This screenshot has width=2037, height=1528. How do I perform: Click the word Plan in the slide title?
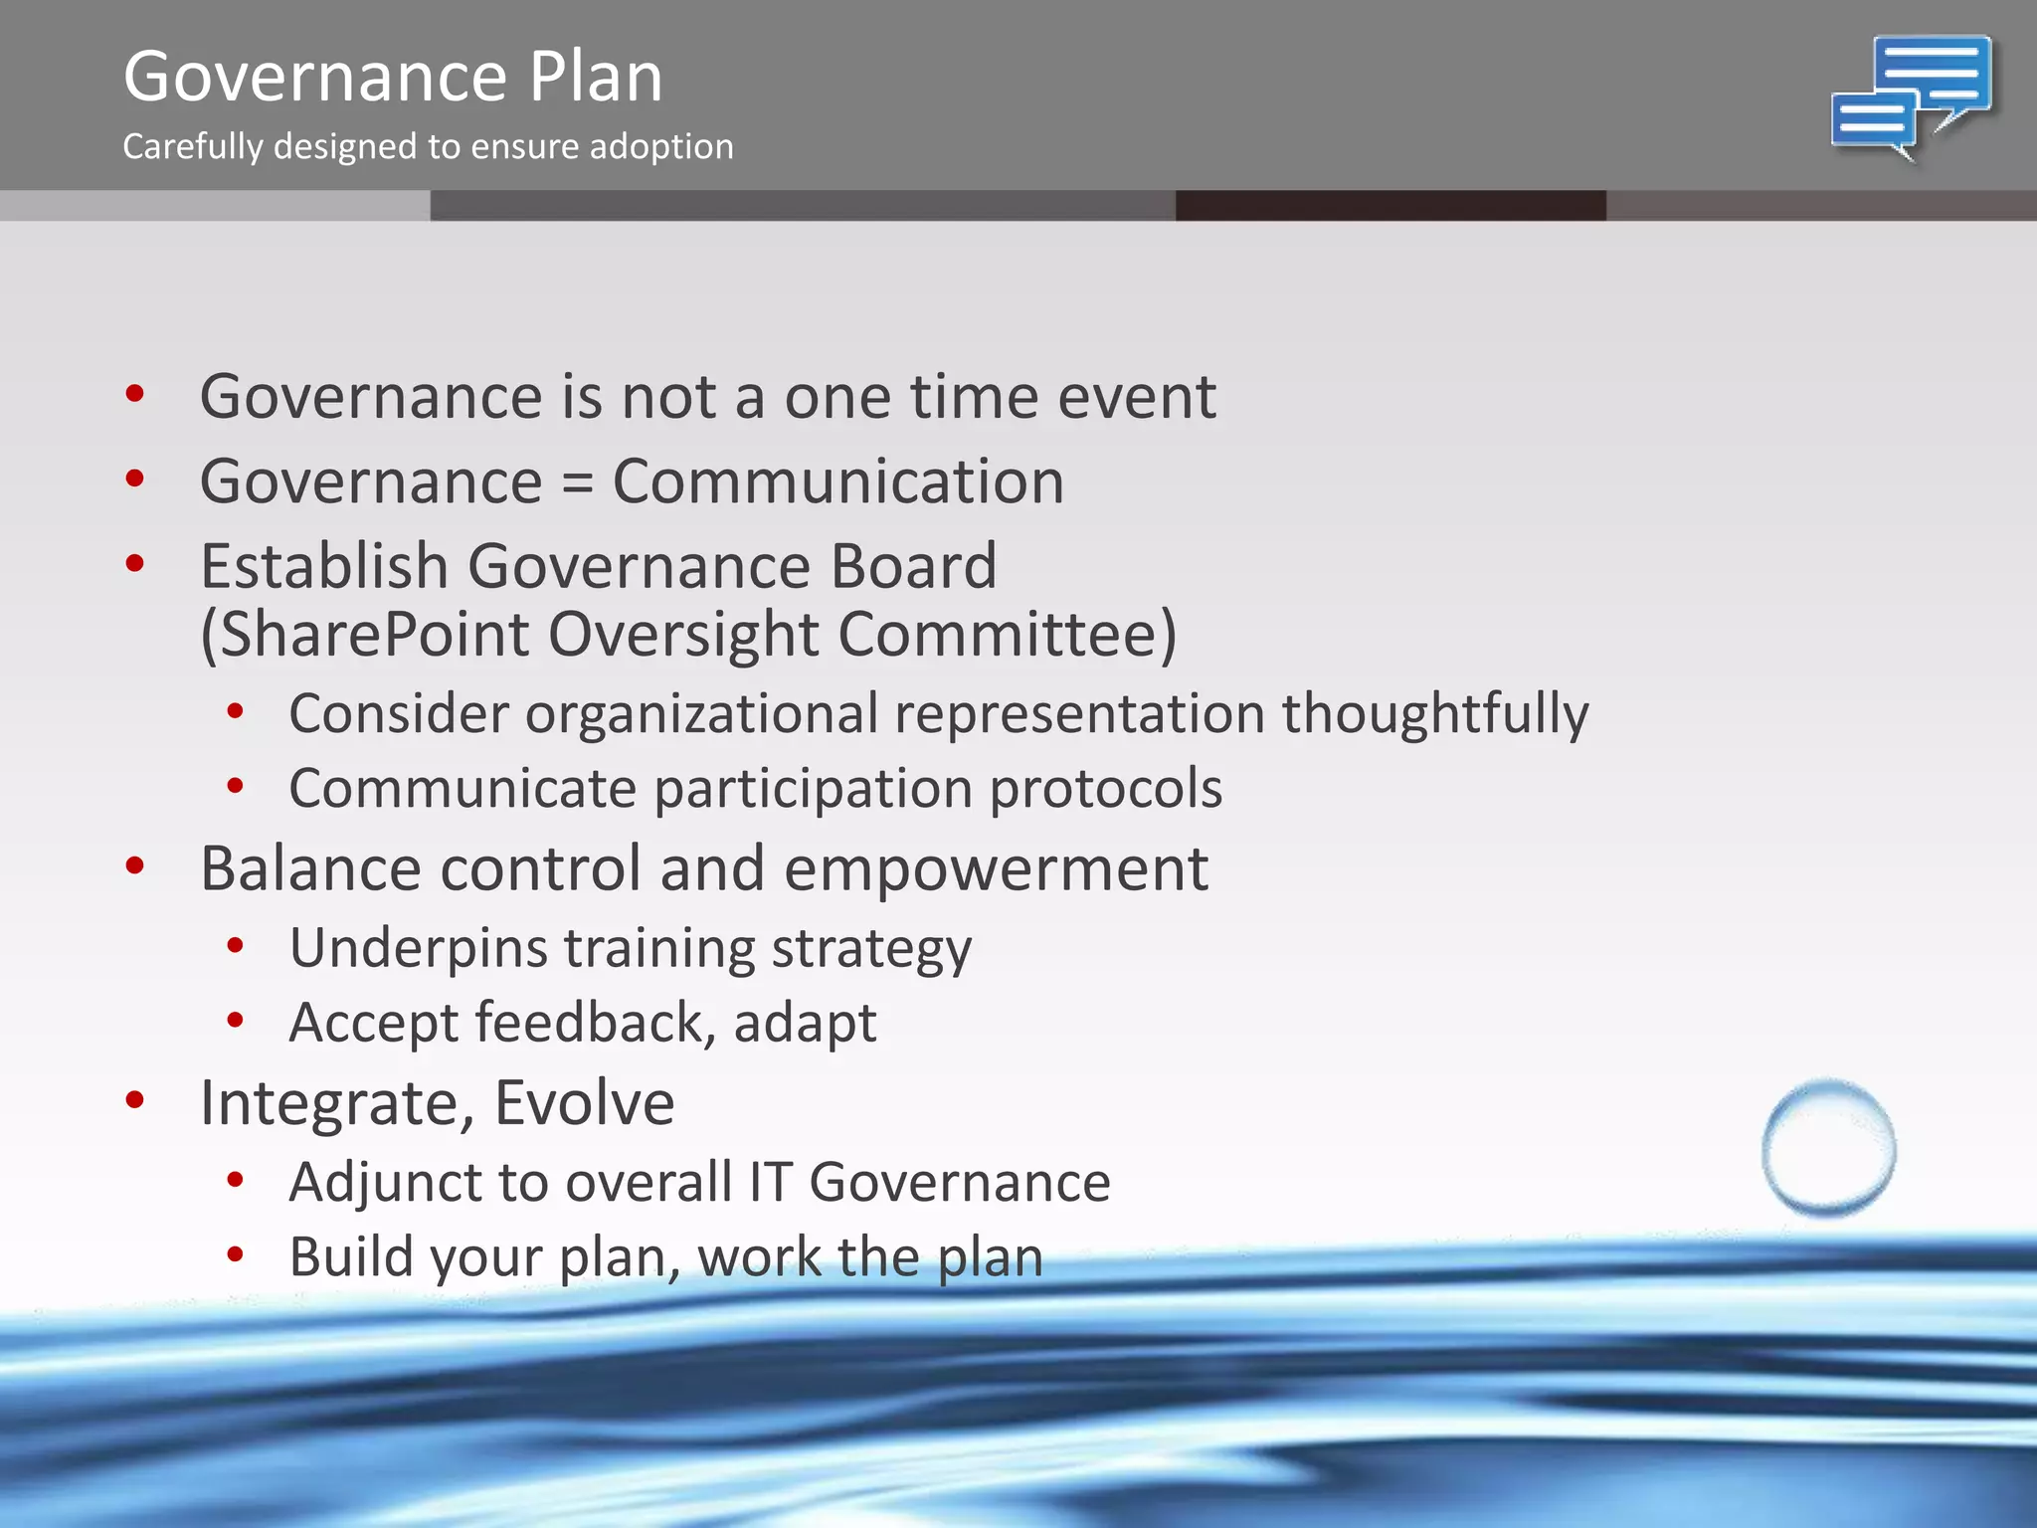click(x=595, y=77)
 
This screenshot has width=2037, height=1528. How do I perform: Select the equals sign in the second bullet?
click(x=577, y=483)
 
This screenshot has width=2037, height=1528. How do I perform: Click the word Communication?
click(x=837, y=481)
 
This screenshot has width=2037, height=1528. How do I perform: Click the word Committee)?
click(x=1007, y=634)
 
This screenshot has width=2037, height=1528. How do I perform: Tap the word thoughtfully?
click(x=1434, y=713)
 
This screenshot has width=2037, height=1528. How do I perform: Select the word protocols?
click(x=1105, y=788)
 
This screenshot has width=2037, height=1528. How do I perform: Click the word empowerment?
click(x=996, y=868)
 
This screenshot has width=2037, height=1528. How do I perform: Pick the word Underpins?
click(x=418, y=948)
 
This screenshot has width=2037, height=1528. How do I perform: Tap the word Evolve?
click(x=585, y=1102)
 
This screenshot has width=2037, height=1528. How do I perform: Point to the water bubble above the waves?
click(x=1828, y=1149)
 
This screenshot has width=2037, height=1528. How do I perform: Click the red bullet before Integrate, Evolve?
click(x=135, y=1100)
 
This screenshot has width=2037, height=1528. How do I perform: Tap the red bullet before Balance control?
click(x=135, y=865)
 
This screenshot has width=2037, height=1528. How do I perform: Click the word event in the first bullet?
click(x=1136, y=397)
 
